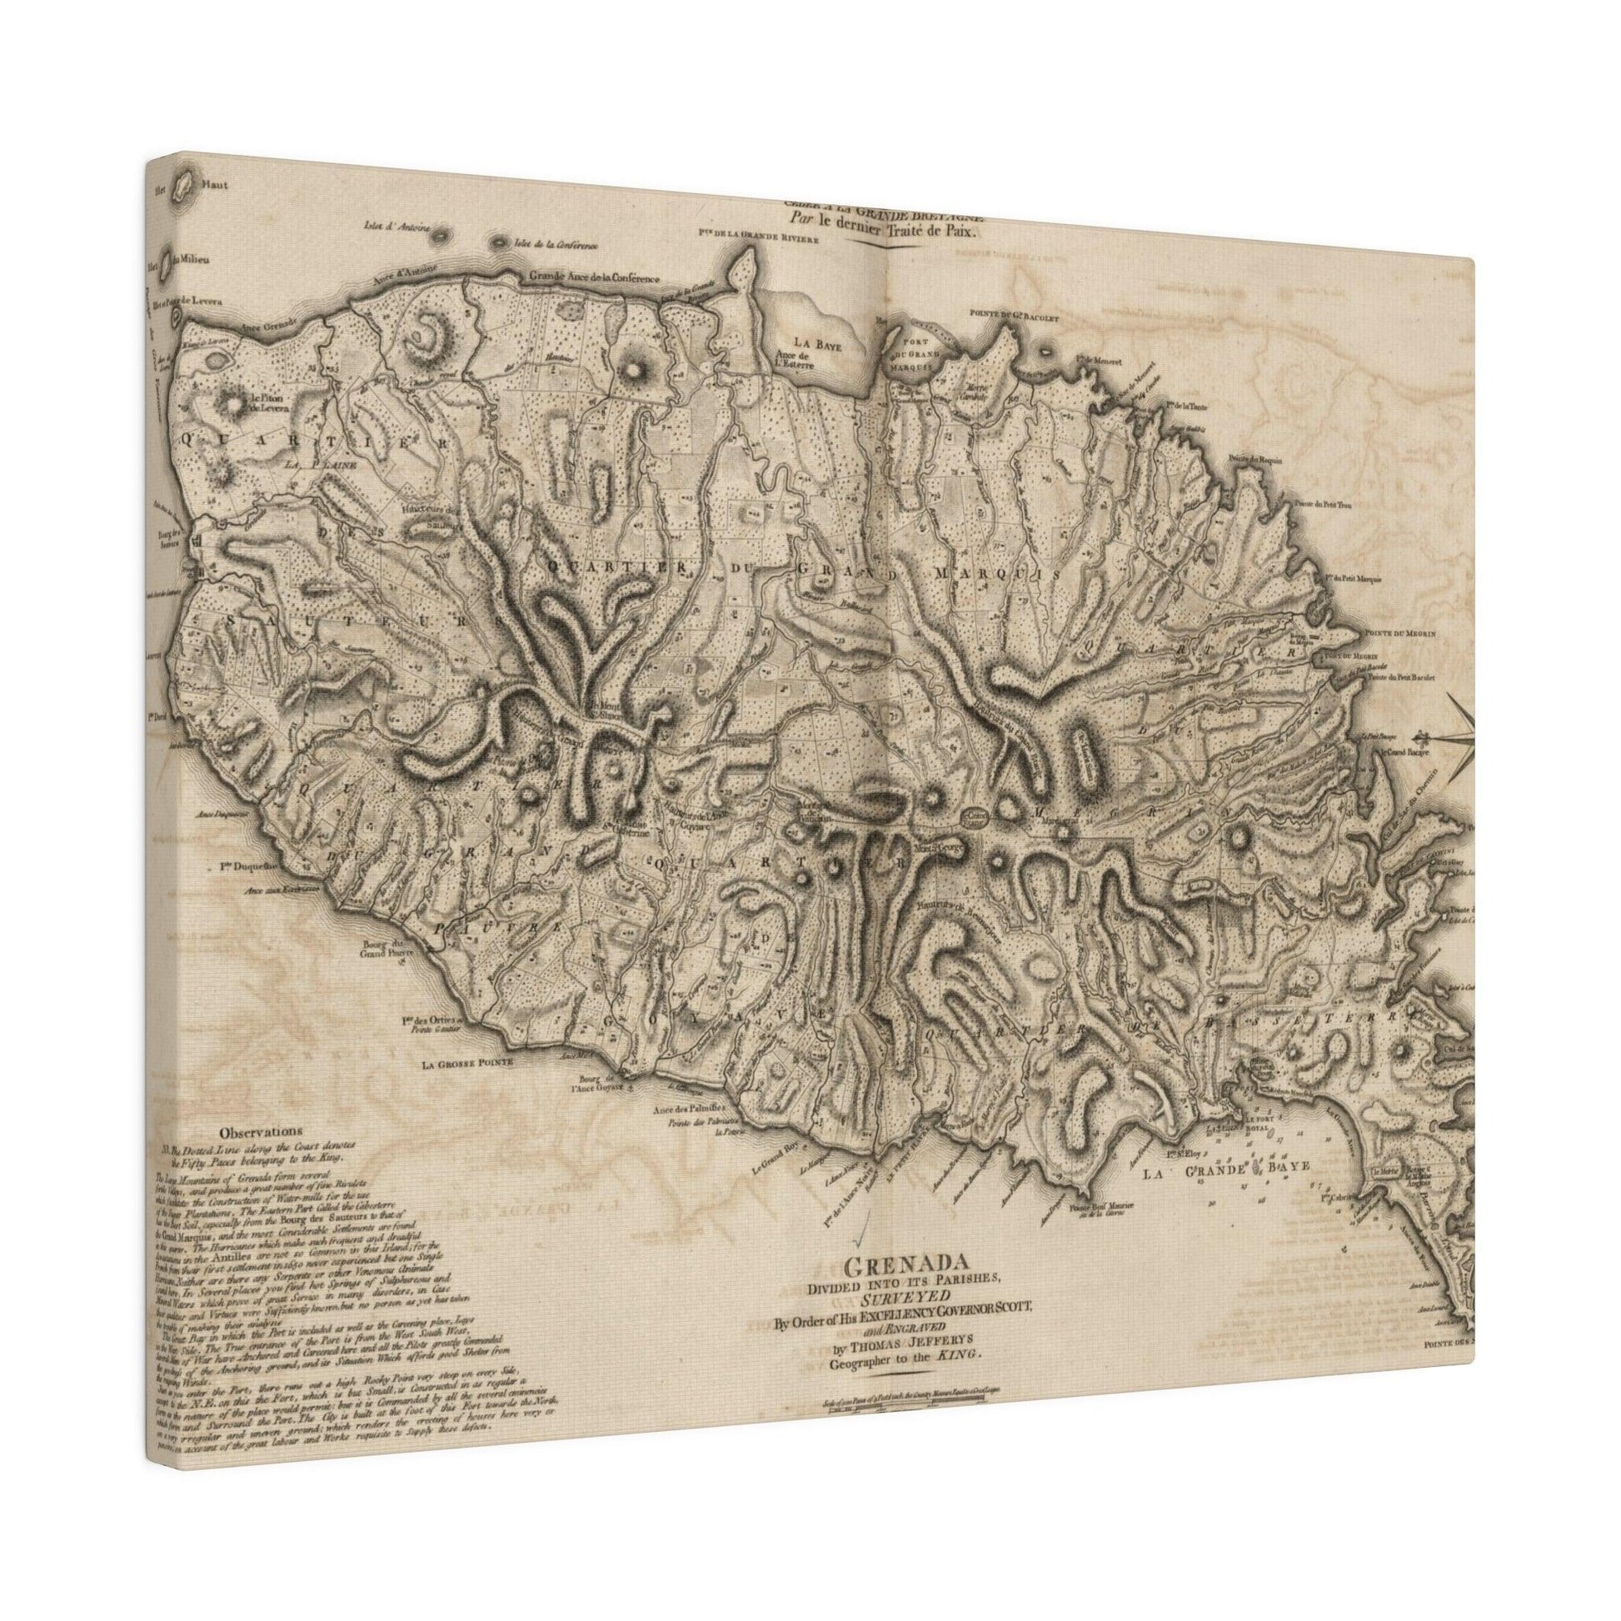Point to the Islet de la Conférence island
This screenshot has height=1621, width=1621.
pos(501,219)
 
